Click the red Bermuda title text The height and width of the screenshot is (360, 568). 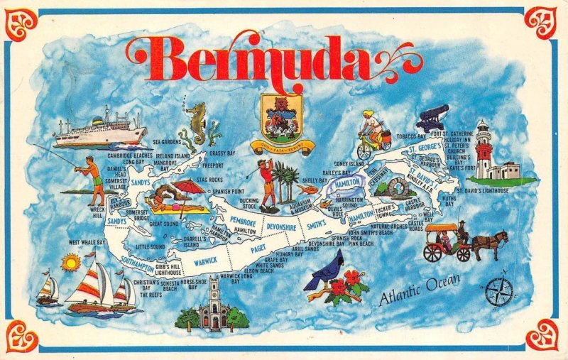(273, 59)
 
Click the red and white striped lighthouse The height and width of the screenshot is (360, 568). (484, 150)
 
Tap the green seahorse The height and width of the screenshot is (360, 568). (196, 124)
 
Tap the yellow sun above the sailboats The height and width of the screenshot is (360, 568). (70, 263)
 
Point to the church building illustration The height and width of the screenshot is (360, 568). (213, 307)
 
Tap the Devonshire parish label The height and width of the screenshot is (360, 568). (284, 227)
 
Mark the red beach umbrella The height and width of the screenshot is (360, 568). (186, 187)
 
